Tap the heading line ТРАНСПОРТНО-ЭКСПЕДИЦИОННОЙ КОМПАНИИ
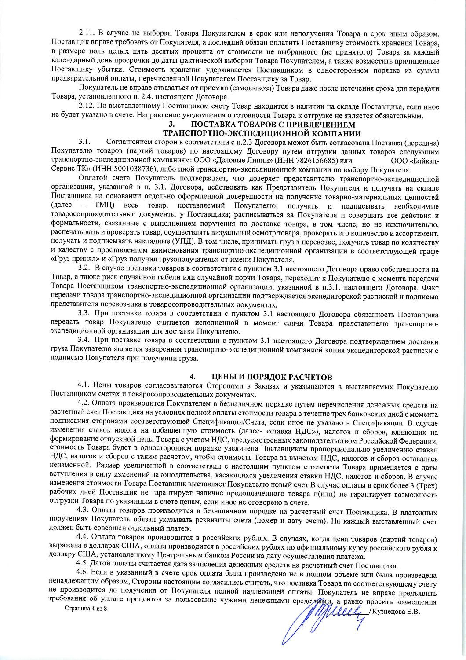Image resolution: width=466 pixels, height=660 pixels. [x=262, y=133]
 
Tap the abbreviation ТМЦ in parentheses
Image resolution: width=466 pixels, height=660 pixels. [x=104, y=206]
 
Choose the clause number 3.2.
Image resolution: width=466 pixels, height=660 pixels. [x=84, y=268]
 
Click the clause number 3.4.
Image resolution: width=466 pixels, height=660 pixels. [x=84, y=341]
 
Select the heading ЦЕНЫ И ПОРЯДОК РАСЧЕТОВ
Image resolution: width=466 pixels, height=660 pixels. [x=272, y=377]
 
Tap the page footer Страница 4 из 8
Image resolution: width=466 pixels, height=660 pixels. [x=86, y=609]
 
